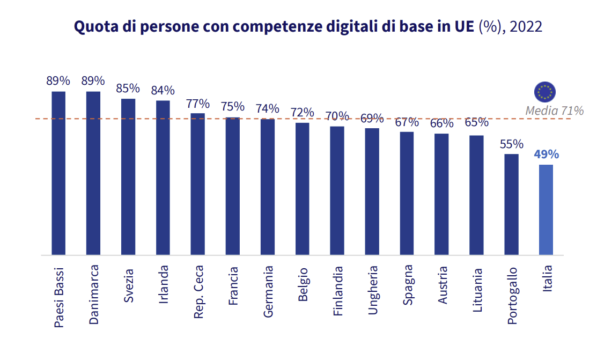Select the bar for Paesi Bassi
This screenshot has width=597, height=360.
pos(58,173)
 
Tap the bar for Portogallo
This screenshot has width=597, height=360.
pos(511,204)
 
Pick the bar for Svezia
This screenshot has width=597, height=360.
pos(128,177)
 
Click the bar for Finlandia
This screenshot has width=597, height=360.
pos(337,190)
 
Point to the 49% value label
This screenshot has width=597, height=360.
pos(546,155)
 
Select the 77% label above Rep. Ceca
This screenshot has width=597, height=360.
pos(198,104)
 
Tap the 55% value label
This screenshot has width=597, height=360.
pos(511,144)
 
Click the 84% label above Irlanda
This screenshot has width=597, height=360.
pos(163,91)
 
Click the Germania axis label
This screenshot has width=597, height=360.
pos(268,291)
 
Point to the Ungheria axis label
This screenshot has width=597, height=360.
pos(373,290)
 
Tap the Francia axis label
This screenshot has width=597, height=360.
pos(233,286)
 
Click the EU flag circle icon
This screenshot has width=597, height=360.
pos(545,92)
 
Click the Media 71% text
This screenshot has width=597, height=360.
pos(554,111)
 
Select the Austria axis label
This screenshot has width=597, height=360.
pos(443,285)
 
